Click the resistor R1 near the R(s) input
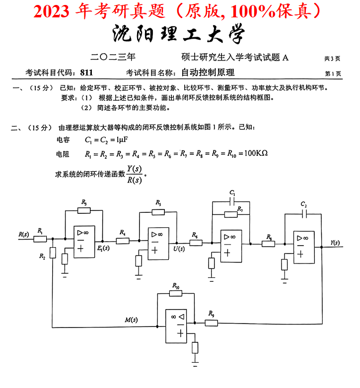coord(40,239)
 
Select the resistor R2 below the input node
coord(53,253)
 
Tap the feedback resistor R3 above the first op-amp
coord(84,210)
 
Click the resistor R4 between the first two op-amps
coord(123,241)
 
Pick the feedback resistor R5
coord(158,212)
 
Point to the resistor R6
coord(196,243)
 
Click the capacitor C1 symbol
coord(232,202)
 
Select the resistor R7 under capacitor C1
coord(231,214)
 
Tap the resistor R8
coord(269,244)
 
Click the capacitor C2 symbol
coord(304,214)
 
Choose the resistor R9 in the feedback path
coord(212,323)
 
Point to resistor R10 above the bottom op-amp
coord(176,293)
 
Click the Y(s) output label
coord(335,243)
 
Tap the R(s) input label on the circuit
coord(24,234)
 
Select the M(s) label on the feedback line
coord(131,320)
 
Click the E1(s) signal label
coord(103,248)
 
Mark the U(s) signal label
coord(179,249)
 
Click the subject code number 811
coord(86,72)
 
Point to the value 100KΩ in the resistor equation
coord(256,153)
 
